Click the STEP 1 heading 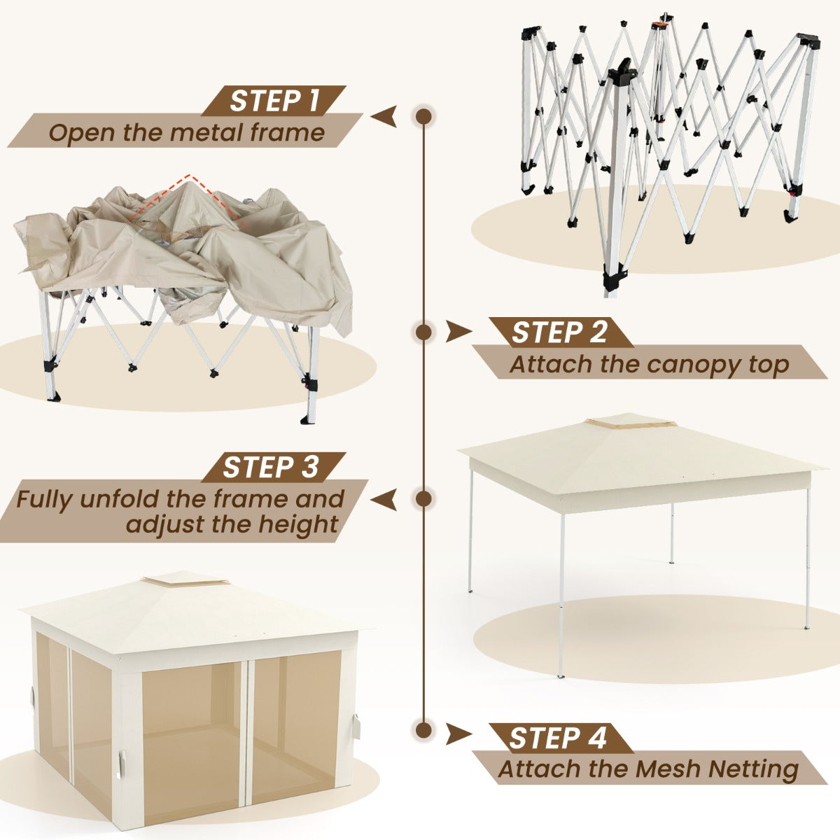tap(274, 101)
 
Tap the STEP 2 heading tap(559, 332)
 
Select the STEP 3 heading tap(271, 468)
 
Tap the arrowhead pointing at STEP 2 tap(458, 332)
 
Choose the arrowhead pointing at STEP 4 tap(458, 734)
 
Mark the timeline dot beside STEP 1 tap(423, 116)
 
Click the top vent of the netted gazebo tap(185, 580)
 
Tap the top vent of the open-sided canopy tap(630, 421)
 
